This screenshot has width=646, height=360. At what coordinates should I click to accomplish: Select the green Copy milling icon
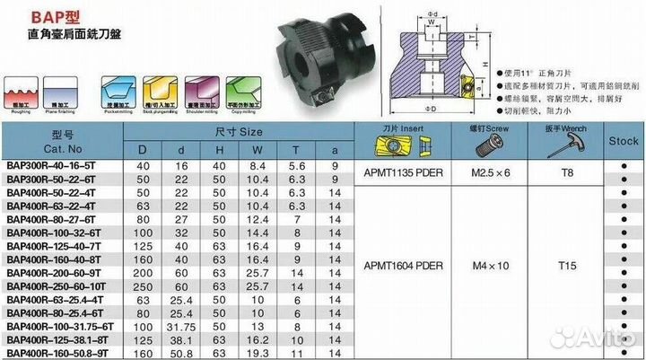coord(242,92)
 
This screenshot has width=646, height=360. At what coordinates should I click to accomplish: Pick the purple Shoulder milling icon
coord(202,92)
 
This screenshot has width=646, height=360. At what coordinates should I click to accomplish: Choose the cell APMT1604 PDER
coord(405,266)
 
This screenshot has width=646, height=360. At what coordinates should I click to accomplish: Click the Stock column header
coord(623,141)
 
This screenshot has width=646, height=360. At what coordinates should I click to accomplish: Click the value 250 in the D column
coord(141,285)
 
